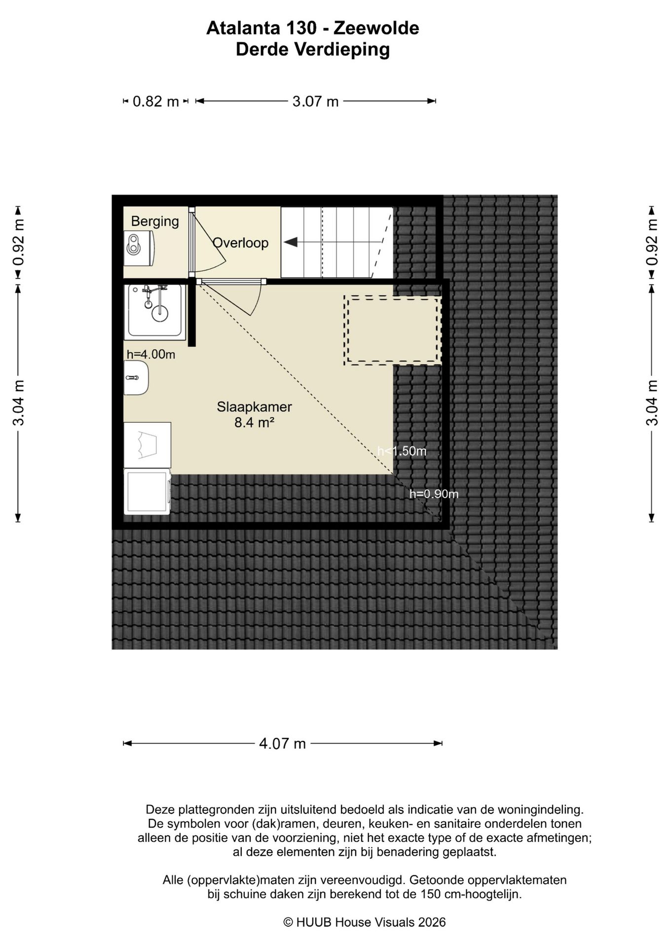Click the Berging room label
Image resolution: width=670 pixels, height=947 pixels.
(x=155, y=221)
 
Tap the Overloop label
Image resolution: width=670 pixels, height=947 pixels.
(x=240, y=243)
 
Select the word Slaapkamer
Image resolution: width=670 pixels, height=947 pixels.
(x=254, y=407)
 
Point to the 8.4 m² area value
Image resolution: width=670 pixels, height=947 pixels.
(x=254, y=423)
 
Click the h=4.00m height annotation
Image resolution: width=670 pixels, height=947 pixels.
(x=151, y=354)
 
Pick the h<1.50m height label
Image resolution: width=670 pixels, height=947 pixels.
(x=402, y=451)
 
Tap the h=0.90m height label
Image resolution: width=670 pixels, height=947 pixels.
(x=434, y=494)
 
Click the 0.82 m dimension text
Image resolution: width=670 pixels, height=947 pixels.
(x=156, y=102)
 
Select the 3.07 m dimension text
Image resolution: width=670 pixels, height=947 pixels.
(x=315, y=102)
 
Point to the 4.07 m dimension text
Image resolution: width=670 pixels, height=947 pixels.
(x=283, y=743)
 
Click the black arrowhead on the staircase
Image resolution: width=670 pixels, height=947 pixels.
(x=290, y=242)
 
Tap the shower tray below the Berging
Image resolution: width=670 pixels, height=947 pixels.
(x=155, y=312)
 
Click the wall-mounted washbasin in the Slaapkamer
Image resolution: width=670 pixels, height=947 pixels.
(x=136, y=378)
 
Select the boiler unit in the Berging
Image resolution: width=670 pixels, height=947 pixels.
(x=139, y=245)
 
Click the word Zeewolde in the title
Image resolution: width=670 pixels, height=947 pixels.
(x=376, y=28)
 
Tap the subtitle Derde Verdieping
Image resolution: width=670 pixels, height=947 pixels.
(x=313, y=49)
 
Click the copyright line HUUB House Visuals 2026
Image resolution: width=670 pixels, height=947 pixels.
(x=365, y=922)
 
